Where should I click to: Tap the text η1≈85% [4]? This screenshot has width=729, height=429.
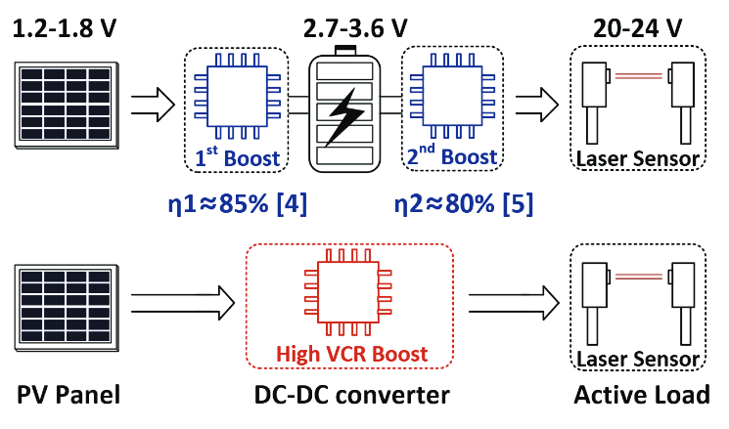pyautogui.click(x=237, y=204)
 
